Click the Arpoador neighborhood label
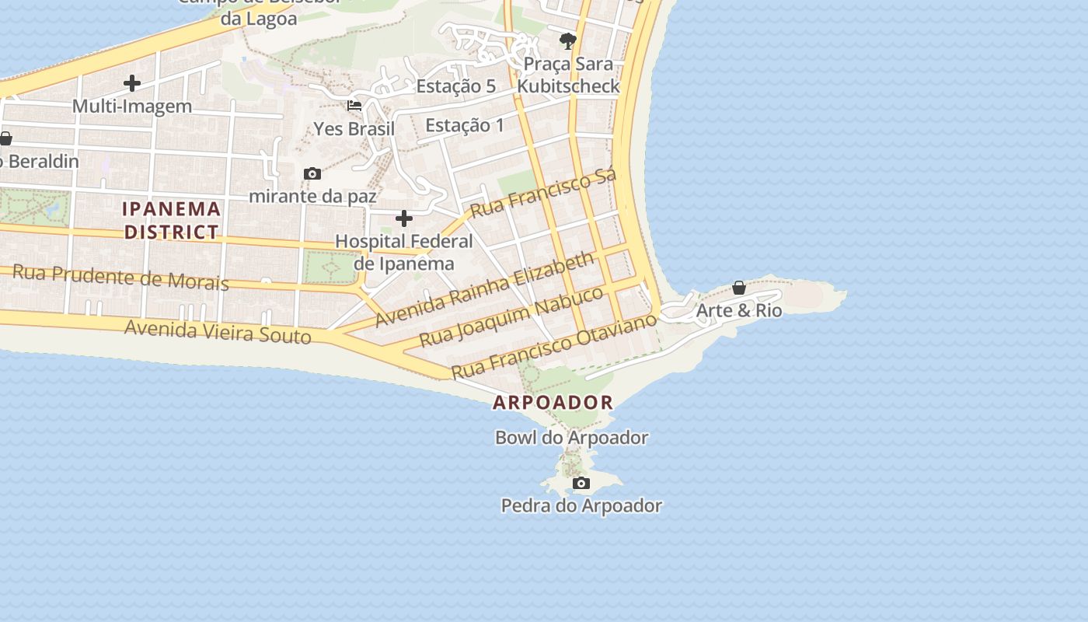click(x=553, y=403)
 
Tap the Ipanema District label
click(x=172, y=220)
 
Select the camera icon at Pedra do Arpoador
click(x=581, y=484)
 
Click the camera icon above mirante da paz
click(x=312, y=173)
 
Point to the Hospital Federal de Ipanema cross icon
click(x=404, y=218)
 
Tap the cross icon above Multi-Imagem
click(x=132, y=83)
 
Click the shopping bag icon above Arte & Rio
click(x=739, y=288)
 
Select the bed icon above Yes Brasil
click(x=354, y=106)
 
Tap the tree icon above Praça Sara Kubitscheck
click(x=568, y=41)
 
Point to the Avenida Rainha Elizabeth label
click(x=486, y=289)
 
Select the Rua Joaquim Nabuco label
click(x=511, y=316)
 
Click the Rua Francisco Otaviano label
click(x=554, y=346)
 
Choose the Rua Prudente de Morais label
click(x=121, y=277)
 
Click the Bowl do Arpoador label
click(x=571, y=438)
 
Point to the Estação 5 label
click(x=455, y=86)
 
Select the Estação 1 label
click(x=465, y=125)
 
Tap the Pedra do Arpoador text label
click(x=581, y=506)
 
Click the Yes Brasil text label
click(x=354, y=129)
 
